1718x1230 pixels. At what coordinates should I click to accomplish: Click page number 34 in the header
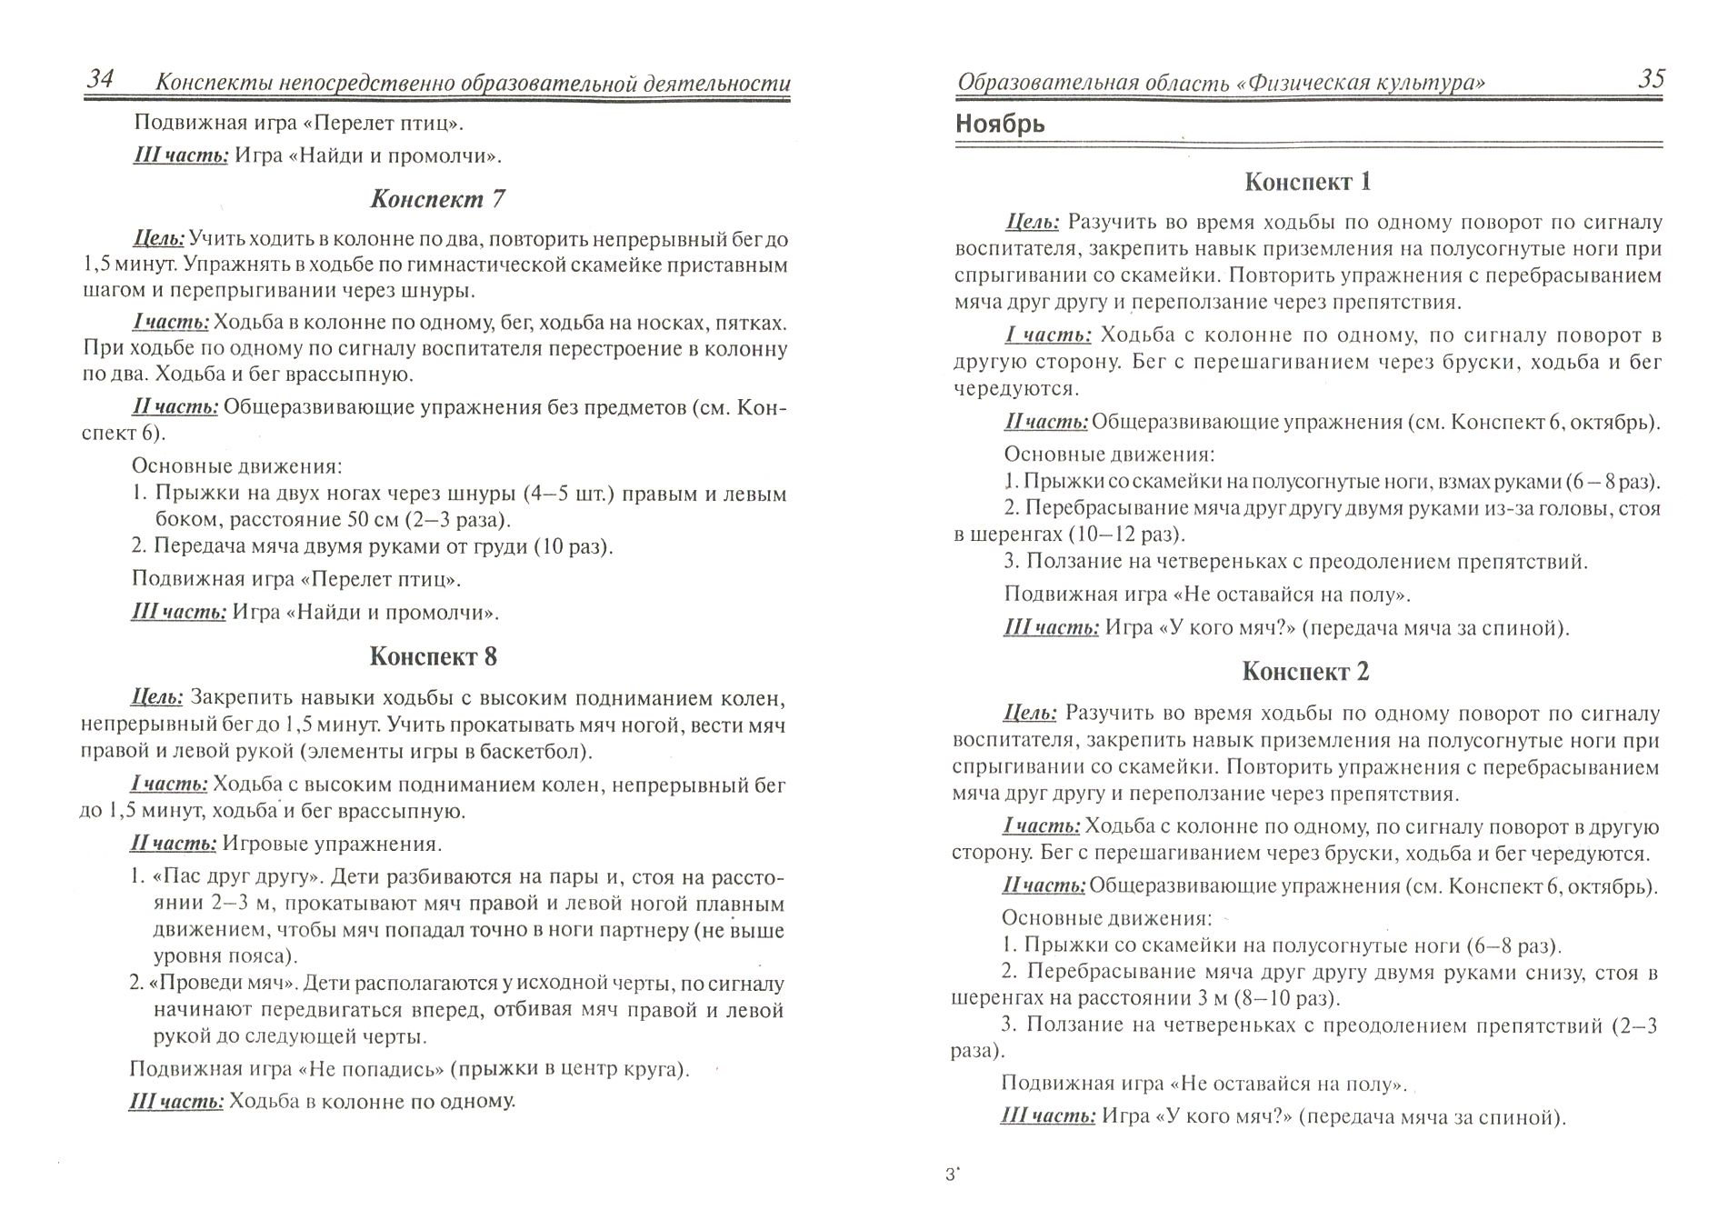(x=100, y=80)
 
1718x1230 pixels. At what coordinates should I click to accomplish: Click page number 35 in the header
(x=1651, y=79)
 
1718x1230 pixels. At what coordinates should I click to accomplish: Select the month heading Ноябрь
(x=1000, y=124)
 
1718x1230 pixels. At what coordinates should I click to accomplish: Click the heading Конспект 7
(x=437, y=198)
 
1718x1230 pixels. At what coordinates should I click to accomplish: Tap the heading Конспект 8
(x=434, y=656)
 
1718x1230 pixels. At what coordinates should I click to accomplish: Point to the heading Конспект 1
(x=1307, y=182)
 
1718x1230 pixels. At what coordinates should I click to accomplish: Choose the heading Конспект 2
(x=1305, y=672)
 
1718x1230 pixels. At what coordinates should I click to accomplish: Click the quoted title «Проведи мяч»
(x=225, y=984)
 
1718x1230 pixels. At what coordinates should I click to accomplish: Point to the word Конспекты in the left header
(x=211, y=83)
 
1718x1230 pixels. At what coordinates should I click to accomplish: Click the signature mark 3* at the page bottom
(x=953, y=1175)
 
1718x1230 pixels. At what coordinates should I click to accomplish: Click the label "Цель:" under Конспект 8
(x=157, y=697)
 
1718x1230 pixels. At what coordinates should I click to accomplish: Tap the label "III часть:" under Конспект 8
(x=176, y=1101)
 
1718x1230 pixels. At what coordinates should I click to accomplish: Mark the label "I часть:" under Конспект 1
(x=1048, y=335)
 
